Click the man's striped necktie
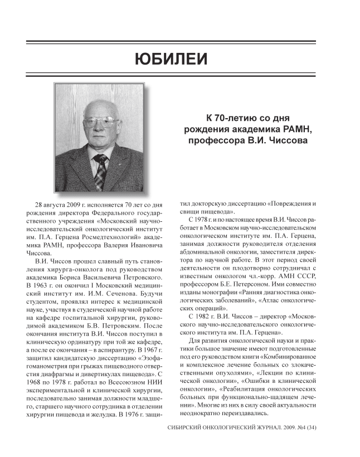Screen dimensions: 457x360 pyautogui.click(x=100, y=171)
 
